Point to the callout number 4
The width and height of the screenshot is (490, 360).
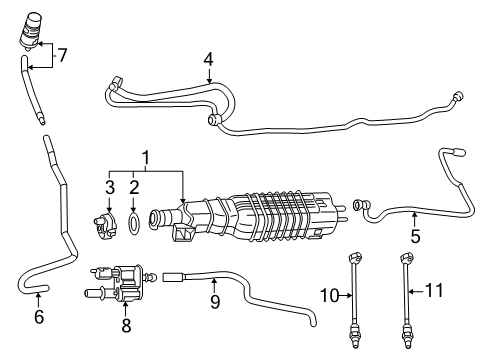207,59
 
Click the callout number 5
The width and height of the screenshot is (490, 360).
416,238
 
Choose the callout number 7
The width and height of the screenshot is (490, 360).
62,55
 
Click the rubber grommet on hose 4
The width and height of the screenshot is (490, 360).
213,121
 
